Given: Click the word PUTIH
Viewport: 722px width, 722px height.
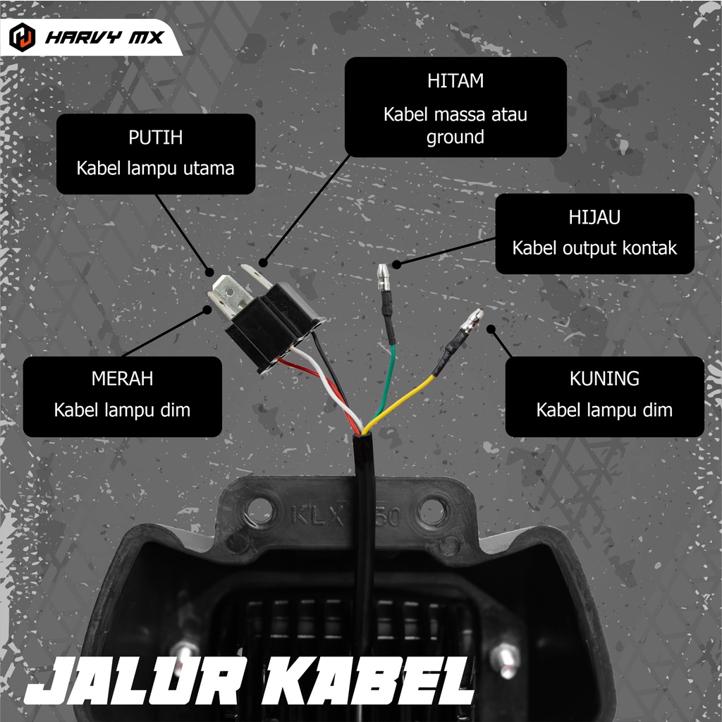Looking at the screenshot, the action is (155, 137).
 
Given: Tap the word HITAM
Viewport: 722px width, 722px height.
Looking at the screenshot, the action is (455, 81).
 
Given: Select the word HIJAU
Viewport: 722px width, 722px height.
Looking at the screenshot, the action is (594, 217).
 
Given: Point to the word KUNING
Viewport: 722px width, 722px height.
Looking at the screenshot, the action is (604, 379).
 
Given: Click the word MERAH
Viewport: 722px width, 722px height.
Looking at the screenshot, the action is (122, 379).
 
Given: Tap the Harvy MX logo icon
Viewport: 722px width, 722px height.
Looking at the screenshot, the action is (23, 36).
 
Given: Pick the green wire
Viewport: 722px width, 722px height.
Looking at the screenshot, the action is (386, 381).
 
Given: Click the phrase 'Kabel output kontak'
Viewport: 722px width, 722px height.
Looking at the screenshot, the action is (594, 248).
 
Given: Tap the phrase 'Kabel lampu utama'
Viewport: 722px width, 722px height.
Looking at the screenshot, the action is (155, 169).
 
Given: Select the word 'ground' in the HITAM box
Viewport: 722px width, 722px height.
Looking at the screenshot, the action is (455, 136).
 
